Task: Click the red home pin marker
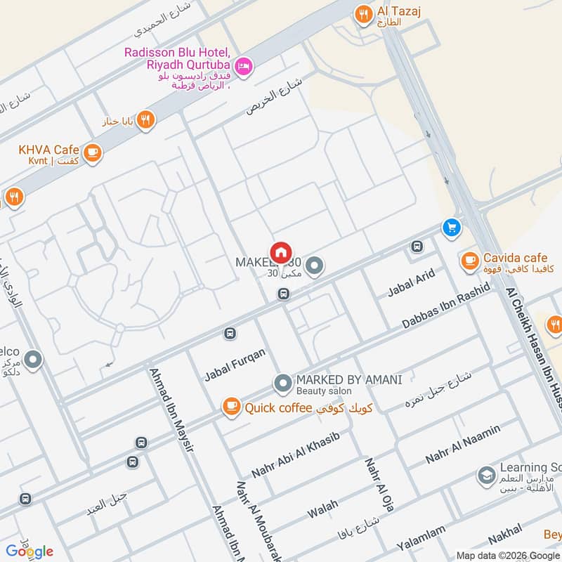(x=280, y=252)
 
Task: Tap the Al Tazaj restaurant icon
(x=363, y=15)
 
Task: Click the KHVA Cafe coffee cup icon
(x=91, y=151)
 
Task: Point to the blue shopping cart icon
(x=452, y=228)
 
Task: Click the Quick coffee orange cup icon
(x=230, y=406)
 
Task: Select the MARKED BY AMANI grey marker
(x=282, y=384)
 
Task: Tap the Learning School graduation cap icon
(x=485, y=476)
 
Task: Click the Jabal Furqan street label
(x=235, y=365)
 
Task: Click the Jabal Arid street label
(x=412, y=284)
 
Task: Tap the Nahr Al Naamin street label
(x=463, y=444)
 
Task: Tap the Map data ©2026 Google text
(x=508, y=555)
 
